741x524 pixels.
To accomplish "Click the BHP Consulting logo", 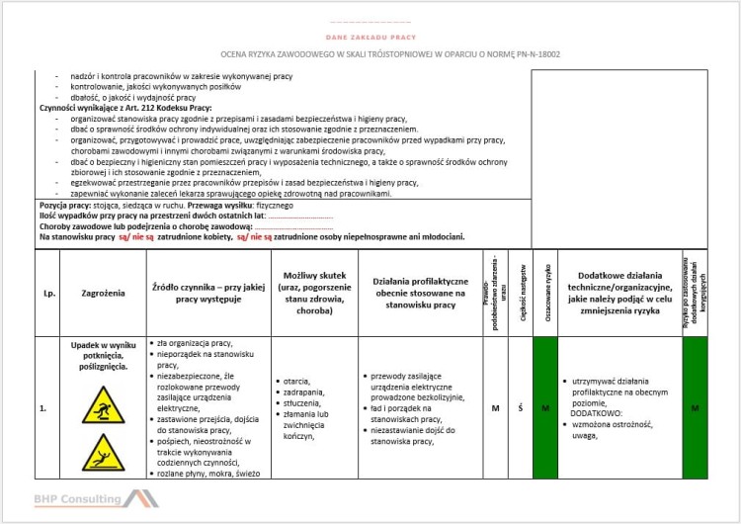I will tap(95, 499).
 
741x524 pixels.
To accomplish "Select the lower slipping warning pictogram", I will tap(104, 453).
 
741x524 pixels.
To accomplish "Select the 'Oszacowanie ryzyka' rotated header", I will tap(544, 293).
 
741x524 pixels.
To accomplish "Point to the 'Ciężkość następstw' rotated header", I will tap(520, 293).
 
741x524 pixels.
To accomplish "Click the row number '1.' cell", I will tap(43, 407).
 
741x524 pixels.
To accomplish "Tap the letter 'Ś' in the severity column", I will tap(520, 407).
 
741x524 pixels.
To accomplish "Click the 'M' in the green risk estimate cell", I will tap(544, 407).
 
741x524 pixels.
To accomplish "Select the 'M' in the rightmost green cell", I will tap(695, 407).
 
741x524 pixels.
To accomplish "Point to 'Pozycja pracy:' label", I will tap(65, 205).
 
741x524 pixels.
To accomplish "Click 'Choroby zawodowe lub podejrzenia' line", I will tap(138, 226).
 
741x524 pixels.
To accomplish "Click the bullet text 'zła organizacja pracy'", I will tap(188, 343).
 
